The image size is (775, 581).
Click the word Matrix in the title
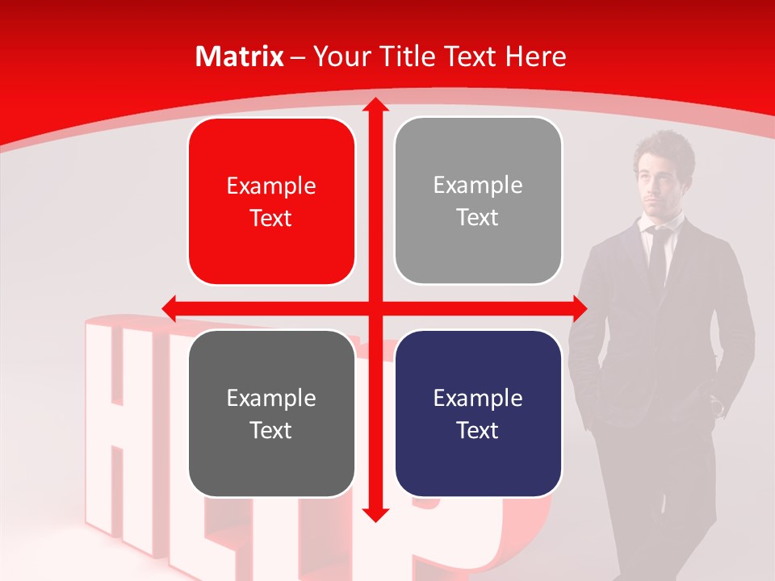pyautogui.click(x=239, y=56)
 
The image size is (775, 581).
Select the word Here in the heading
pyautogui.click(x=535, y=56)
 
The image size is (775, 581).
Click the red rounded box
pyautogui.click(x=271, y=201)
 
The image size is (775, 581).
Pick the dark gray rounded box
pyautogui.click(x=271, y=413)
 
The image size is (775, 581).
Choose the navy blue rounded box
pyautogui.click(x=478, y=413)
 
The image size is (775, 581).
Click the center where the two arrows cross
pyautogui.click(x=375, y=307)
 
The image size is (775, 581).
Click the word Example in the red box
pyautogui.click(x=271, y=186)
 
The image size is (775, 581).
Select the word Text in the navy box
pyautogui.click(x=478, y=430)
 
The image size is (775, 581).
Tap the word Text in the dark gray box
pyautogui.click(x=271, y=430)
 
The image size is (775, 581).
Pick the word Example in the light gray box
pyautogui.click(x=478, y=186)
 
